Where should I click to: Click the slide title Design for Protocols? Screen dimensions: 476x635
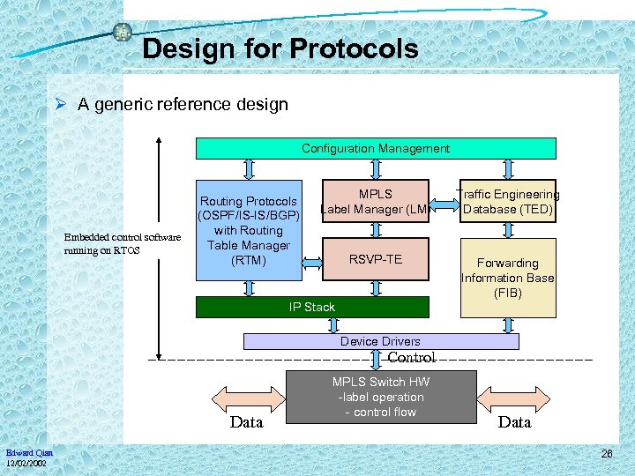[x=280, y=48]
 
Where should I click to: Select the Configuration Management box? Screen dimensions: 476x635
[x=376, y=148]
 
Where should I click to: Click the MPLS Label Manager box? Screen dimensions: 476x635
[x=376, y=201]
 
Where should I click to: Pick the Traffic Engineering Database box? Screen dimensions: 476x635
[x=508, y=201]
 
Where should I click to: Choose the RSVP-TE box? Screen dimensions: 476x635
[x=376, y=259]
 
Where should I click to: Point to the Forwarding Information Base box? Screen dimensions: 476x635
[x=508, y=278]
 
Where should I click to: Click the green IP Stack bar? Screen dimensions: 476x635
[x=312, y=307]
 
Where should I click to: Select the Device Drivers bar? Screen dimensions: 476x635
[x=380, y=341]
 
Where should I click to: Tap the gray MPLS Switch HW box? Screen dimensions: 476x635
[x=381, y=397]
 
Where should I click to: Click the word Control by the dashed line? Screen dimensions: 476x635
[x=411, y=358]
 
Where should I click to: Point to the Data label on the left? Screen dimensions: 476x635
[x=246, y=422]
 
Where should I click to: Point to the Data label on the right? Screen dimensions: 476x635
[x=514, y=422]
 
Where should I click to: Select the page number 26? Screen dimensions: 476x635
[x=606, y=454]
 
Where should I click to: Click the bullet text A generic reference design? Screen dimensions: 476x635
[x=183, y=105]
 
